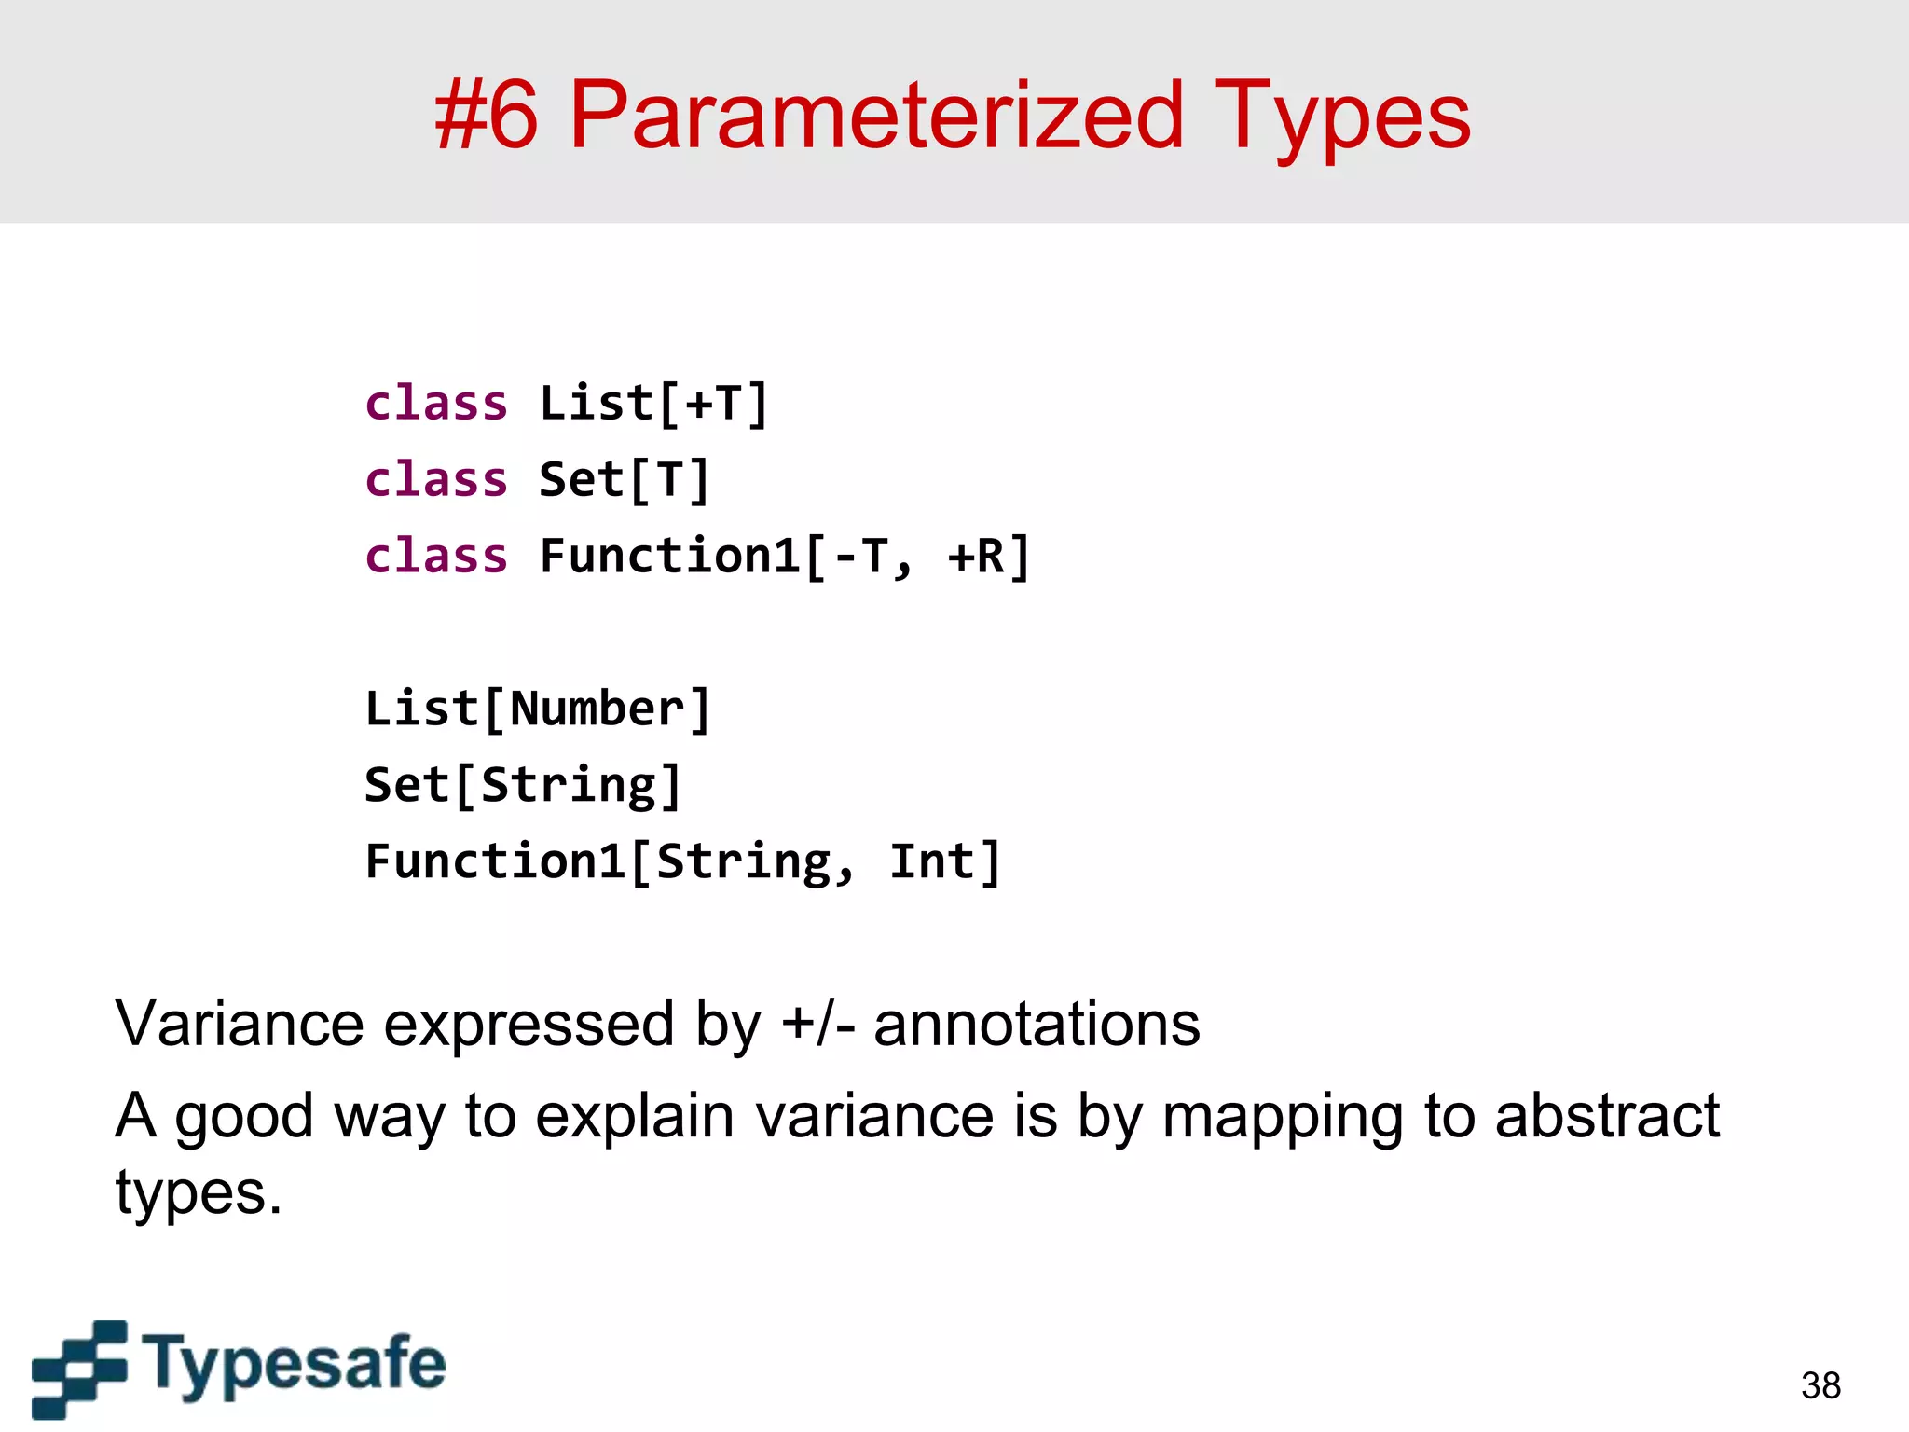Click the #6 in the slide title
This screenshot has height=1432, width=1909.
coord(487,116)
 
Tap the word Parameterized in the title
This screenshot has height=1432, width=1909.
coord(876,116)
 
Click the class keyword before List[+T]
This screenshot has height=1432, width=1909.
coord(436,405)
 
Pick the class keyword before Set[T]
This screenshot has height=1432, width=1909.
coord(436,481)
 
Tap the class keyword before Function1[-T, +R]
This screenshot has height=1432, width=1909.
coord(436,557)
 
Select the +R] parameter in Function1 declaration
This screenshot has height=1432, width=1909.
coord(989,557)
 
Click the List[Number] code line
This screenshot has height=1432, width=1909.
coord(538,709)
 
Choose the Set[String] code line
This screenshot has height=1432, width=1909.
coord(523,786)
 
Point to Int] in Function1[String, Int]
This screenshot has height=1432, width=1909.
coord(945,862)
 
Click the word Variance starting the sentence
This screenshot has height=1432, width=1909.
coord(239,1025)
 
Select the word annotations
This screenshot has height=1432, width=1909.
coord(1037,1025)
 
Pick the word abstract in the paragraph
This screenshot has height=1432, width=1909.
coord(1607,1116)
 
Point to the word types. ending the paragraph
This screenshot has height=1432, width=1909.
coord(199,1194)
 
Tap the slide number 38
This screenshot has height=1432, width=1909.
coord(1820,1385)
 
